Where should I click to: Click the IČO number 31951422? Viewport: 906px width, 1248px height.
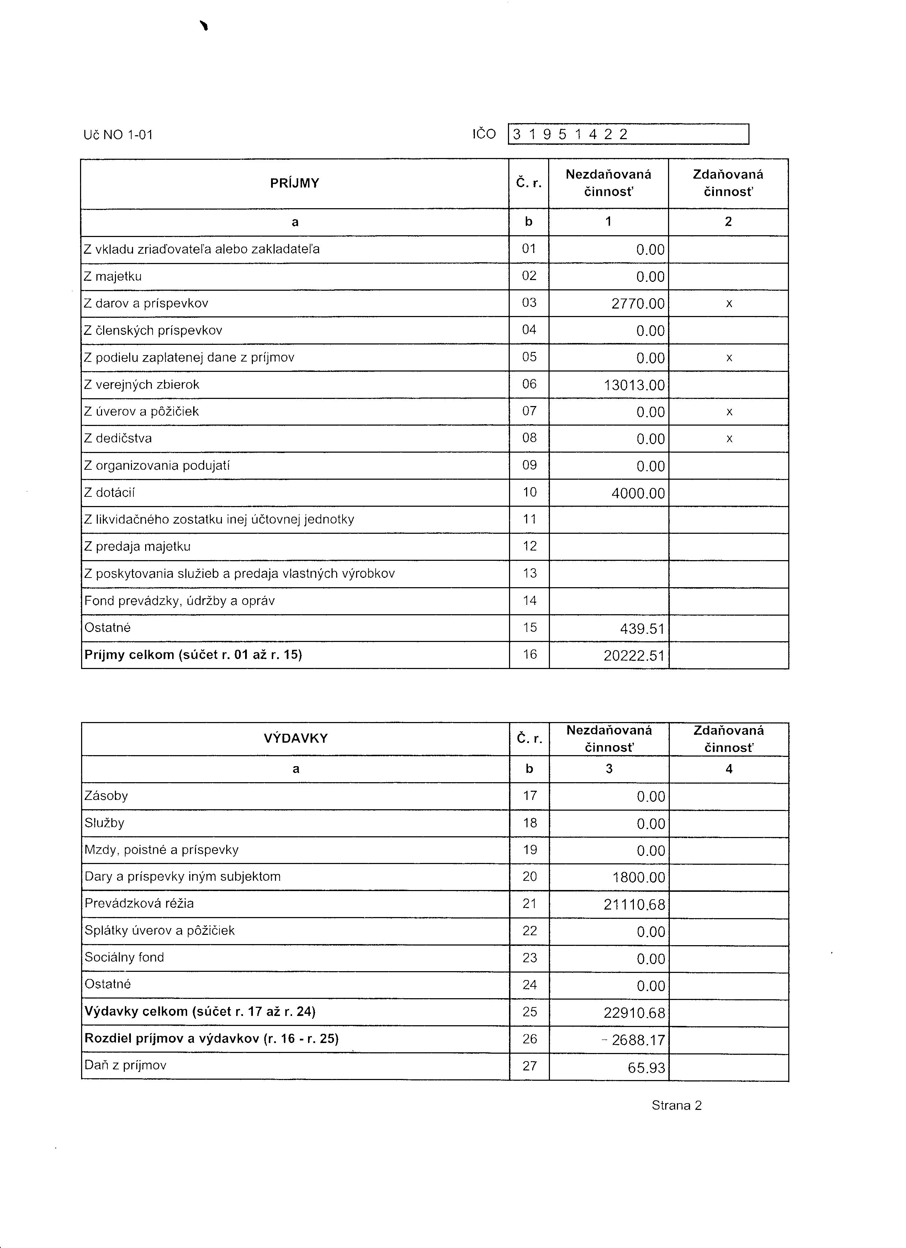pyautogui.click(x=570, y=134)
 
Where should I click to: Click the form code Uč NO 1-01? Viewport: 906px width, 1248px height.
pyautogui.click(x=118, y=135)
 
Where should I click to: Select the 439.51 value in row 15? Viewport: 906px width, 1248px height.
pyautogui.click(x=642, y=628)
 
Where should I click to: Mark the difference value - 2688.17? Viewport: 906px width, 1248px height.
pyautogui.click(x=634, y=1040)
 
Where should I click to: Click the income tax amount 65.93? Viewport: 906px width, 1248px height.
pyautogui.click(x=646, y=1068)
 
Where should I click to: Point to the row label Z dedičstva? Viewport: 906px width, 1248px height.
pyautogui.click(x=118, y=438)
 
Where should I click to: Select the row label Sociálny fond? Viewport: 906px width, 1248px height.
pyautogui.click(x=124, y=958)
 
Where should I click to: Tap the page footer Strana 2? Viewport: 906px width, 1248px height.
pyautogui.click(x=676, y=1106)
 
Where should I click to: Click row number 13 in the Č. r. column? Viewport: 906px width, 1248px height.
pyautogui.click(x=529, y=573)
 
